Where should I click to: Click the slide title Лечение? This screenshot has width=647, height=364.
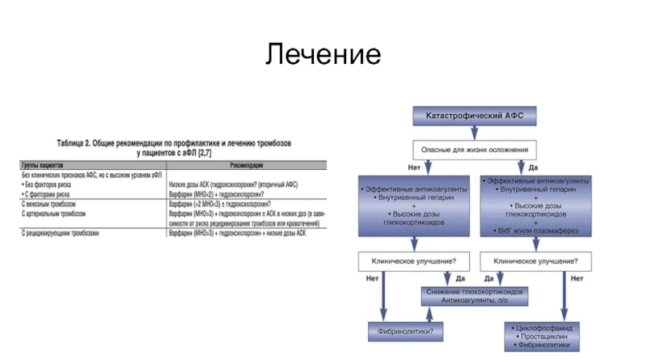323,54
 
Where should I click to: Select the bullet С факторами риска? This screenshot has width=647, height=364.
49,194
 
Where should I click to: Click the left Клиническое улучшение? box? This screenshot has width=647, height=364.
412,261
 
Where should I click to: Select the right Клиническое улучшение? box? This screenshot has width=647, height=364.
535,261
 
